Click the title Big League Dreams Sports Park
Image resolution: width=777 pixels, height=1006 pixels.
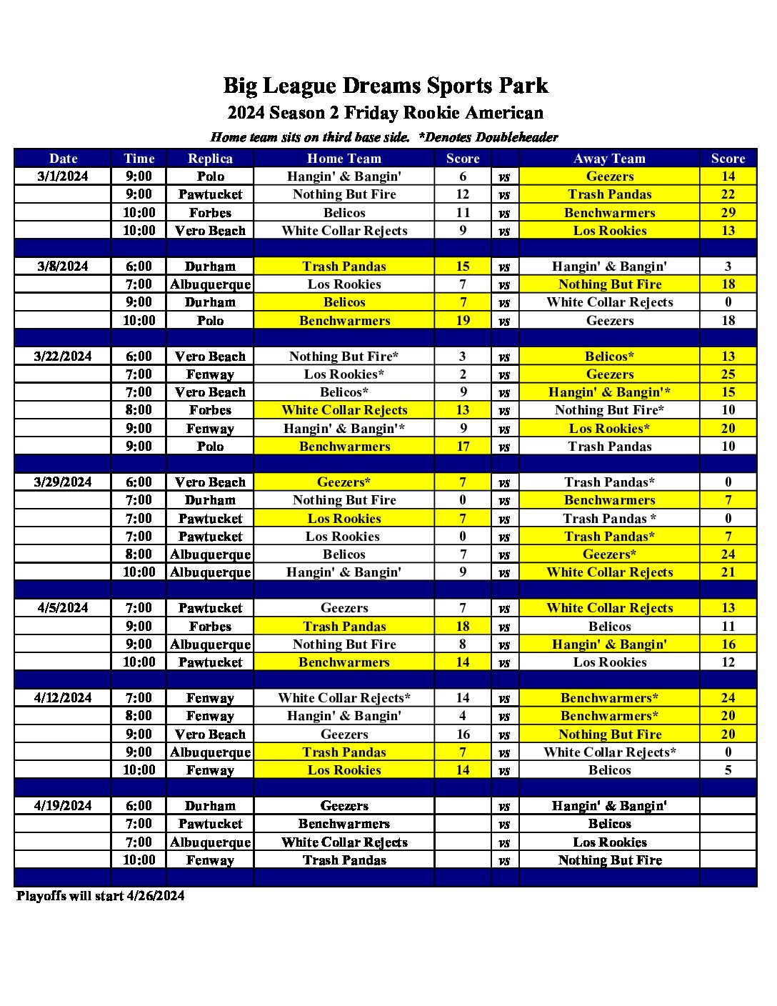(386, 86)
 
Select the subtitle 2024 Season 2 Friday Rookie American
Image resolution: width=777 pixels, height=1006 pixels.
(386, 113)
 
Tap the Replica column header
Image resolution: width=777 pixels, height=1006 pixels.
(210, 159)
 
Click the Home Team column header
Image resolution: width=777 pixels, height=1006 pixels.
(344, 159)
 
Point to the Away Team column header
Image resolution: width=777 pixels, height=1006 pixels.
(609, 159)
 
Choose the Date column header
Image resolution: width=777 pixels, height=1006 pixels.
(63, 159)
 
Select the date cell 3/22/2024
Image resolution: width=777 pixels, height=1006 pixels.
(63, 357)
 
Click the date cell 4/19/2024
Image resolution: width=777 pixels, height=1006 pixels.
(63, 806)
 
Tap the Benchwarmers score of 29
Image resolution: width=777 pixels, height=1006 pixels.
(728, 213)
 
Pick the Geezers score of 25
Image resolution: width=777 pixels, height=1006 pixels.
(728, 374)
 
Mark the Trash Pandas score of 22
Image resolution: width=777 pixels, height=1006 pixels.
(728, 194)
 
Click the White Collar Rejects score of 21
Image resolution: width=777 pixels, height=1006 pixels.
(728, 572)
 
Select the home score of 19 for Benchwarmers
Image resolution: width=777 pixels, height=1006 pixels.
(463, 321)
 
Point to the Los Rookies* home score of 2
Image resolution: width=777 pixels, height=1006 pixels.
(463, 374)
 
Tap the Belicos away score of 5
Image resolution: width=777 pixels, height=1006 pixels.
(728, 770)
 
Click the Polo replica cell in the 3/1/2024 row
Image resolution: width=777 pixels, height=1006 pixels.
(210, 176)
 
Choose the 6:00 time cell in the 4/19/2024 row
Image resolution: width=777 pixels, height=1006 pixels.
(139, 806)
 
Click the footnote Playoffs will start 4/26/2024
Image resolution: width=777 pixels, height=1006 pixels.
(101, 896)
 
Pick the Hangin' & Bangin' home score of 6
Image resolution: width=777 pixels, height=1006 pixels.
(463, 176)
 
